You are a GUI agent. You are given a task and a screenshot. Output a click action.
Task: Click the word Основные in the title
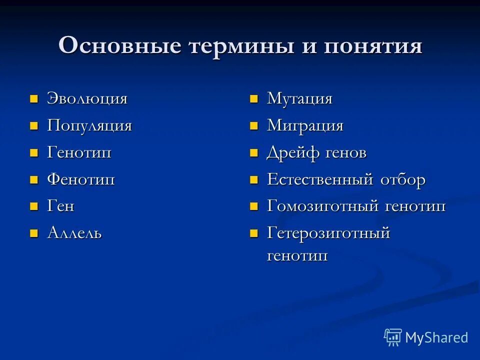tap(119, 46)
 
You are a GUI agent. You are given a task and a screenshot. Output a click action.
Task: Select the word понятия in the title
tap(373, 46)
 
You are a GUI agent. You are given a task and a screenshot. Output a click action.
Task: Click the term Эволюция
tap(87, 98)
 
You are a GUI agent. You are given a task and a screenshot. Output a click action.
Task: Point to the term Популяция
tap(89, 125)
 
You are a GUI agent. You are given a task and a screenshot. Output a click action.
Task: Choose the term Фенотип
tap(81, 179)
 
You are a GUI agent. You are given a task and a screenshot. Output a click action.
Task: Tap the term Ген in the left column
tap(60, 206)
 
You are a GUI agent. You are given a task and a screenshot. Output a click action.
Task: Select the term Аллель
tap(74, 233)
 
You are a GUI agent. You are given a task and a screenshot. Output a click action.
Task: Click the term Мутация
tap(299, 98)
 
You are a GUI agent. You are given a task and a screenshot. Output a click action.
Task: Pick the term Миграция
tap(305, 125)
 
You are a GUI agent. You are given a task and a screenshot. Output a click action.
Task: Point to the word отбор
tap(403, 179)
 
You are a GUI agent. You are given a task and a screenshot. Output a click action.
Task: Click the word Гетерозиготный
tap(328, 233)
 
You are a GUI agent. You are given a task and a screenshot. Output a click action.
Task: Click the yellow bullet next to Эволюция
tap(34, 98)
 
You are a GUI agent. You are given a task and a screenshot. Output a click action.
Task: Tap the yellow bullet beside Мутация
tap(254, 98)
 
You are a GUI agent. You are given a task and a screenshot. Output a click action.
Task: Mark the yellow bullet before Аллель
tap(34, 233)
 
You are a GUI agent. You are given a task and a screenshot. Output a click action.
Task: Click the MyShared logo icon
tap(393, 337)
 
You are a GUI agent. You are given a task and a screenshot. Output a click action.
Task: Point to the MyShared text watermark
tap(436, 338)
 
